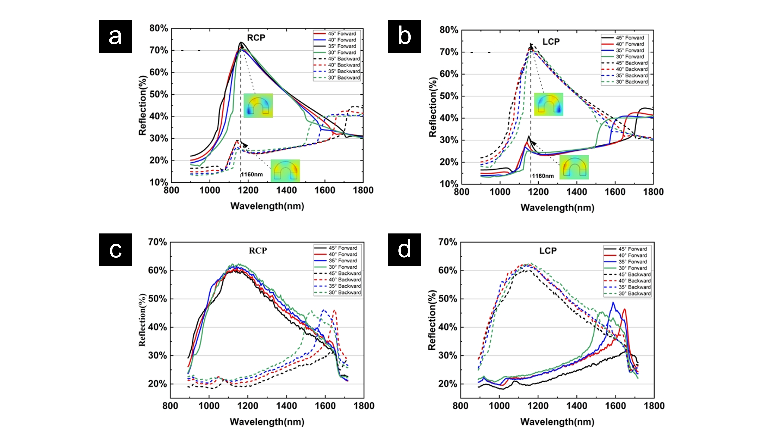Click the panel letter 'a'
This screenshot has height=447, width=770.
tap(115, 37)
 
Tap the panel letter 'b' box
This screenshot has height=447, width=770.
tap(404, 36)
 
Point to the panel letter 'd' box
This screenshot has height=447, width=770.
tap(404, 250)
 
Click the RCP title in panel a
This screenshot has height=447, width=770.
tap(256, 38)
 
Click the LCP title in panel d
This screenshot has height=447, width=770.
tap(548, 251)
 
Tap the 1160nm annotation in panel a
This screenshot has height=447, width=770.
tap(252, 175)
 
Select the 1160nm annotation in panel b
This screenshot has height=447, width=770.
tap(543, 176)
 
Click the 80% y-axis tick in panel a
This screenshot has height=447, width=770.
tap(159, 28)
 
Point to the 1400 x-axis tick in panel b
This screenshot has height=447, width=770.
tap(577, 192)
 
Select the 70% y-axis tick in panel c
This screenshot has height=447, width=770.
tap(157, 242)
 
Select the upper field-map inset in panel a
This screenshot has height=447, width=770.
tap(258, 105)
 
